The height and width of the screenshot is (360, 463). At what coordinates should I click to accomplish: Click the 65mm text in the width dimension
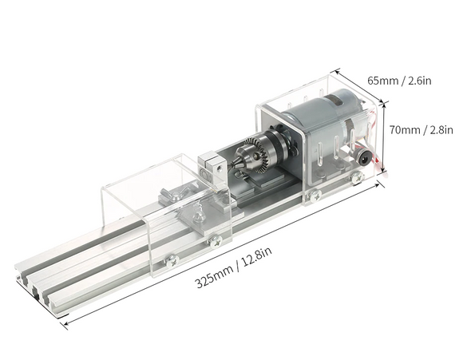(382, 81)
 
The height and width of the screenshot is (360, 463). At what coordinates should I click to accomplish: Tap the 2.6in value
(420, 81)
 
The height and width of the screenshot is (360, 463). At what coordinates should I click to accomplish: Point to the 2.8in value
(441, 130)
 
